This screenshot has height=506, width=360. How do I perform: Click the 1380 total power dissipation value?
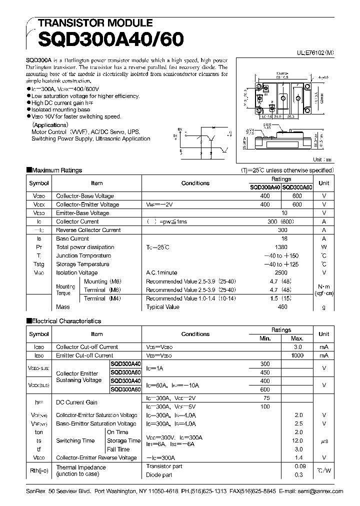pos(281,247)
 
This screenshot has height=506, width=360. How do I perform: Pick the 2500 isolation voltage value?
pos(281,272)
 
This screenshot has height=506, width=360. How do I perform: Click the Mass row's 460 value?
pos(282,307)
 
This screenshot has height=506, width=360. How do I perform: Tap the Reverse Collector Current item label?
pos(88,230)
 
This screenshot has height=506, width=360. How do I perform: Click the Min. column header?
pos(265,338)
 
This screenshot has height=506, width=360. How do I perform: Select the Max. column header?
pos(298,338)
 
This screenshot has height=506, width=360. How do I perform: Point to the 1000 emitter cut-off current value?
pos(298,355)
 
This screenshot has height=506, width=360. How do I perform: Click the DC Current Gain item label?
pos(76,402)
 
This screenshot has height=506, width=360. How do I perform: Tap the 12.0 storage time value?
pos(298,440)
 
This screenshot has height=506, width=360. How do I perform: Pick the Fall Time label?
pos(118,449)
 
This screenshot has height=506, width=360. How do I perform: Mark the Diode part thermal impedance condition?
pos(159,474)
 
